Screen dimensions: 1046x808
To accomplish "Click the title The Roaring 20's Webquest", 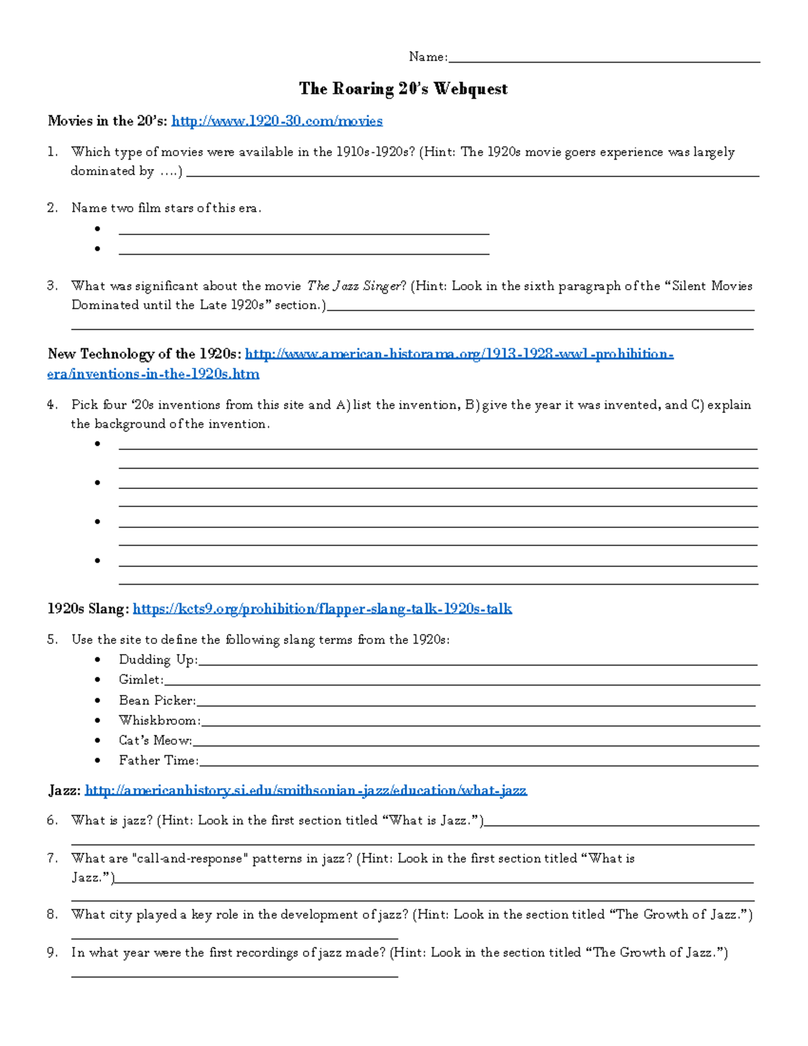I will pyautogui.click(x=403, y=89).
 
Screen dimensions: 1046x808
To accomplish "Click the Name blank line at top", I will pyautogui.click(x=604, y=59).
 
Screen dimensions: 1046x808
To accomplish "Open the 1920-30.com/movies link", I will pyautogui.click(x=277, y=121).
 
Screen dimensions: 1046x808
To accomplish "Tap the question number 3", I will pyautogui.click(x=53, y=286).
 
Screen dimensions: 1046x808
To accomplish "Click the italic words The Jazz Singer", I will pyautogui.click(x=353, y=286).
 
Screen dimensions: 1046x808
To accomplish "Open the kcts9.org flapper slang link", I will pyautogui.click(x=322, y=609).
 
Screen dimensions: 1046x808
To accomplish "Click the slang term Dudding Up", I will pyautogui.click(x=158, y=660).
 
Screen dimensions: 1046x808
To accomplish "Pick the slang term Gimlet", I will pyautogui.click(x=141, y=680).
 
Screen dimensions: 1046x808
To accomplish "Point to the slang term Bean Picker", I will pyautogui.click(x=157, y=700).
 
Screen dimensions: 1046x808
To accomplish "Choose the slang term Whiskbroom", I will pyautogui.click(x=159, y=721).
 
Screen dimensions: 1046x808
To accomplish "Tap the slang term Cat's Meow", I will pyautogui.click(x=155, y=740).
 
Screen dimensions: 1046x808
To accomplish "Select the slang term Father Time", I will pyautogui.click(x=158, y=760).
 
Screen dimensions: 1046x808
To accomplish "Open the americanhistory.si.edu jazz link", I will pyautogui.click(x=306, y=791).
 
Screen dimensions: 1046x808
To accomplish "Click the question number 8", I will pyautogui.click(x=53, y=915).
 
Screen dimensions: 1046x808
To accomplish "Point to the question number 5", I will pyautogui.click(x=53, y=640).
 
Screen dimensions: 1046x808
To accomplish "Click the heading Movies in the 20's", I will pyautogui.click(x=106, y=121).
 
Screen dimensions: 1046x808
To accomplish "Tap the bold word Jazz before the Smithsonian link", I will pyautogui.click(x=64, y=791).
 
